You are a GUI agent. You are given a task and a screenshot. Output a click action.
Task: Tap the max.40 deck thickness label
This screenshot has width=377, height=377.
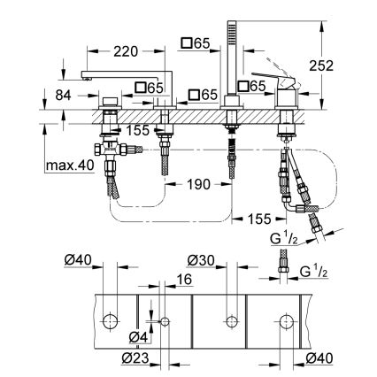click(67, 165)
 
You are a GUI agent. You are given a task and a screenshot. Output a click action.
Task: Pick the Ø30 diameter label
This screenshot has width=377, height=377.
click(201, 260)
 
